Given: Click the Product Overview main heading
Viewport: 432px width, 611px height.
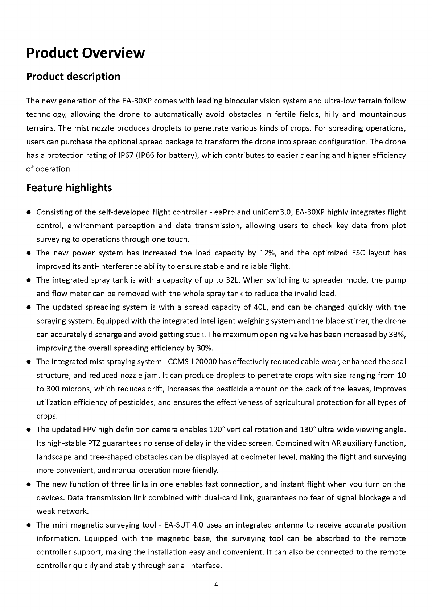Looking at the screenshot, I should (85, 53).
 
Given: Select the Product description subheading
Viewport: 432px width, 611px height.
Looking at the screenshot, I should (73, 77).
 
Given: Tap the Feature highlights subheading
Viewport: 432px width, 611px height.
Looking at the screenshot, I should (69, 188).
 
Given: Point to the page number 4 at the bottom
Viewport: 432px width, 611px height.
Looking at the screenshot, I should (216, 585).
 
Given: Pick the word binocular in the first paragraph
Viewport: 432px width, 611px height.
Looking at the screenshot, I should (241, 101).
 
